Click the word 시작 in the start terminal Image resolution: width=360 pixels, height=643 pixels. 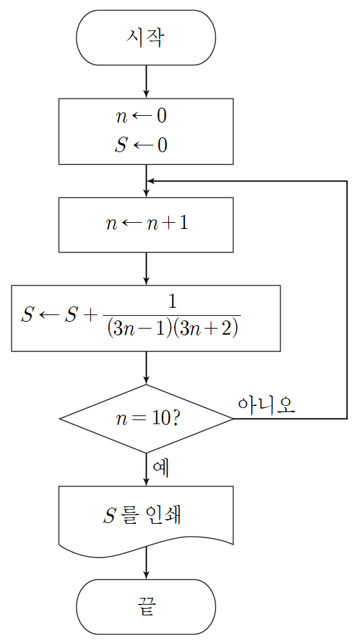(145, 38)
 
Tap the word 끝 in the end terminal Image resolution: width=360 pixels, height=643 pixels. (146, 607)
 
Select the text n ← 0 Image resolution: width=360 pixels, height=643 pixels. (141, 116)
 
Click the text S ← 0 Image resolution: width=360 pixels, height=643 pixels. (141, 145)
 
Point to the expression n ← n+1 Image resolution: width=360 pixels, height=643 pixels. (147, 224)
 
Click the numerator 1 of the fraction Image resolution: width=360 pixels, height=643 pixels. (173, 302)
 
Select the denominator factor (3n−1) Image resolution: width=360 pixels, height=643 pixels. (138, 329)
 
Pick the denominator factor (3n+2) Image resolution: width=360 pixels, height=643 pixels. (203, 329)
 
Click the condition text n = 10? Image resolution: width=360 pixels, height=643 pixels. (147, 419)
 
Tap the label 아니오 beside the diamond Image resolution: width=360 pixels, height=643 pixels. (266, 405)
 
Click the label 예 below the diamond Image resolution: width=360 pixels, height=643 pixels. (161, 467)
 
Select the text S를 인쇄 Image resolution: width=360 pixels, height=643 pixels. (142, 516)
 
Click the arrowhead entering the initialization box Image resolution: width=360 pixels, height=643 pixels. (146, 94)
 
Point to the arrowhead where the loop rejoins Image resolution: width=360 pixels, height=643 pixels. (151, 181)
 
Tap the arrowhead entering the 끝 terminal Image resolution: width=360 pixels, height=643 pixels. (146, 575)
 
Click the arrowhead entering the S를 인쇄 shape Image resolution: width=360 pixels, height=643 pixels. (146, 482)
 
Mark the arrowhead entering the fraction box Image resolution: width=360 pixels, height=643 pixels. (146, 281)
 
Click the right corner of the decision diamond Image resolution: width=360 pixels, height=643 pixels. (233, 419)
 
